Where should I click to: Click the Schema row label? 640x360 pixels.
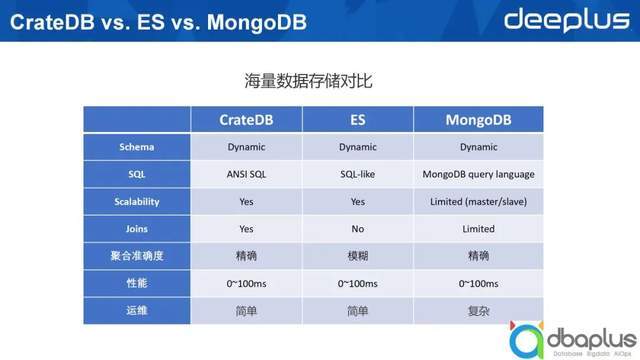(136, 147)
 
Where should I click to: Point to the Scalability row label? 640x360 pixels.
(136, 201)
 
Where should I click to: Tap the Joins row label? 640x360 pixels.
(136, 228)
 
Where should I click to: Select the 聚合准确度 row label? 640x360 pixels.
(136, 256)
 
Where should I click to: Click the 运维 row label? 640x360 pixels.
(136, 311)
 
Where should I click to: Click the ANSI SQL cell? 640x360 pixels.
(246, 174)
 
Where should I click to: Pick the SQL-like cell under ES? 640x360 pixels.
(357, 174)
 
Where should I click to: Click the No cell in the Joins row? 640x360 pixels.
(357, 228)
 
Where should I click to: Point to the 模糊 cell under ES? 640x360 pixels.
(357, 256)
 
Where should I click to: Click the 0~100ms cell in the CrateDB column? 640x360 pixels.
(246, 284)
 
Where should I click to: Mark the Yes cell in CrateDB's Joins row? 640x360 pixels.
(246, 228)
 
